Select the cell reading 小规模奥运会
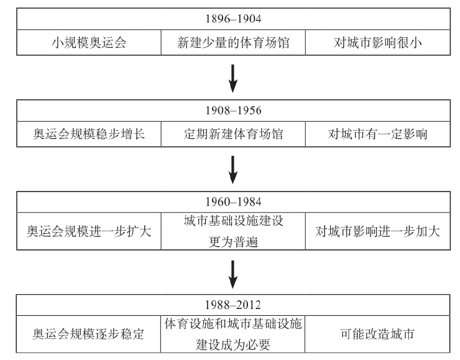tap(88, 44)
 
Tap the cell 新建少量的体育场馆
tap(232, 44)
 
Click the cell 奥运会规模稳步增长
tap(88, 134)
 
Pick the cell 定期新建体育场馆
tap(232, 134)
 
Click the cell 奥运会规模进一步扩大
tap(88, 231)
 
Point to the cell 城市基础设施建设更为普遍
tap(232, 231)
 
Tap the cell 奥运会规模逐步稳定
tap(88, 334)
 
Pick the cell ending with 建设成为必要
tap(232, 334)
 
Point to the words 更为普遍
tap(232, 240)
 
